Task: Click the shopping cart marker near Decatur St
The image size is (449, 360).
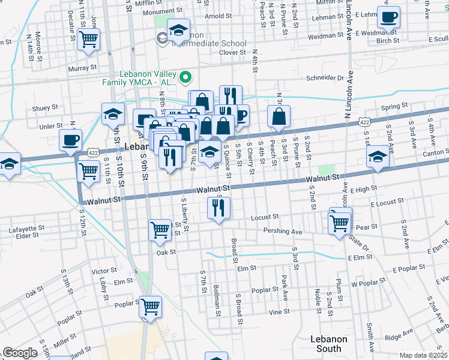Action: [x=89, y=40]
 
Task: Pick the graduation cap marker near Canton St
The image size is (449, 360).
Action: [x=376, y=157]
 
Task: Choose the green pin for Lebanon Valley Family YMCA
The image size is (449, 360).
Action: [x=185, y=76]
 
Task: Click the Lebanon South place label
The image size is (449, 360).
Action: [x=329, y=344]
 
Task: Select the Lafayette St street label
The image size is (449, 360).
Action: [x=23, y=229]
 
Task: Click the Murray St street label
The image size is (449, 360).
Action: [x=79, y=68]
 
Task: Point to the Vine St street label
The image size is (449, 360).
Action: [x=279, y=311]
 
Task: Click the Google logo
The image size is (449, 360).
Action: [x=20, y=353]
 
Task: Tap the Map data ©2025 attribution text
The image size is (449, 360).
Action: [x=423, y=355]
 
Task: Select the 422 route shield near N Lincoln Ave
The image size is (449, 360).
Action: [x=365, y=122]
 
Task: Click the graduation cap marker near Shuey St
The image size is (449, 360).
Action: [x=112, y=113]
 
